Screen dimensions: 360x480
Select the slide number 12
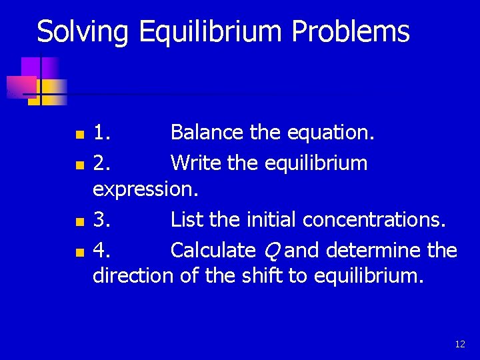coord(459,344)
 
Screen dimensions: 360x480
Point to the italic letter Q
coord(271,251)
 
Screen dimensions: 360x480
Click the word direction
coord(133,275)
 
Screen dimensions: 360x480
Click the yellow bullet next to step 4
coord(79,252)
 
